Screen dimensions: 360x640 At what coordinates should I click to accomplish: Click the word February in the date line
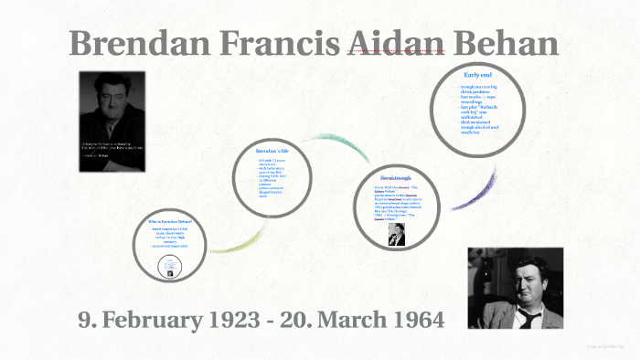(156, 320)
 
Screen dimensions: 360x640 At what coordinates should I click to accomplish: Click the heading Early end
(478, 73)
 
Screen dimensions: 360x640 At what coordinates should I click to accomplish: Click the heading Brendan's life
(273, 149)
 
